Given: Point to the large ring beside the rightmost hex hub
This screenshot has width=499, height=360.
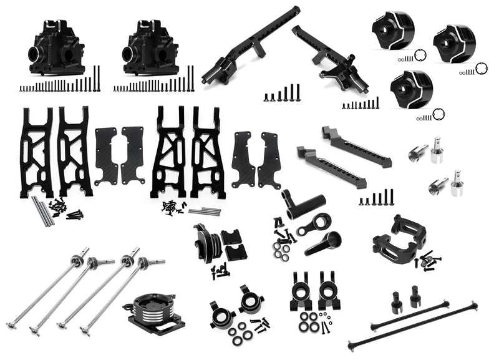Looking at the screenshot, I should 481,67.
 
